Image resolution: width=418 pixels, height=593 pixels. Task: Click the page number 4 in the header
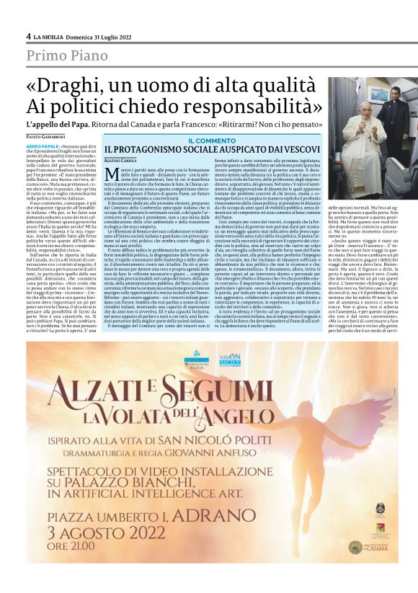click(x=29, y=36)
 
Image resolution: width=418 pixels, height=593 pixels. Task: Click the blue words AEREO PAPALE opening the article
click(x=45, y=145)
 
